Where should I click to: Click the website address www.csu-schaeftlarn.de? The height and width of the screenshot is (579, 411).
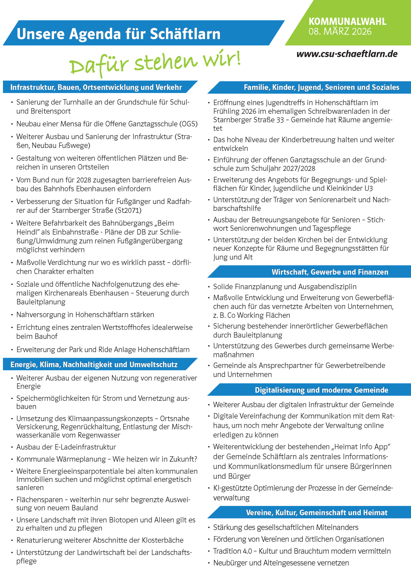click(347, 54)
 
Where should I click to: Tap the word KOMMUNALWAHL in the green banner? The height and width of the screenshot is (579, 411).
click(347, 21)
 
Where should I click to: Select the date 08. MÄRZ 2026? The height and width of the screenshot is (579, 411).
click(340, 32)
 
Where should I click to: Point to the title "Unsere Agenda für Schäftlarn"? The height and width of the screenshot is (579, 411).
click(118, 34)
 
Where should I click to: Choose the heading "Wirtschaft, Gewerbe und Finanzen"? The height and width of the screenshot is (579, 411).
click(329, 272)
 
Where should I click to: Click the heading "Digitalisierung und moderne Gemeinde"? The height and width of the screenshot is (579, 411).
click(321, 390)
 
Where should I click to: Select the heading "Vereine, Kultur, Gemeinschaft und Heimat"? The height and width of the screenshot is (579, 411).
click(317, 512)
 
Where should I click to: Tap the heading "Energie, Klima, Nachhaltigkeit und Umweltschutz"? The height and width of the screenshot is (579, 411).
click(94, 364)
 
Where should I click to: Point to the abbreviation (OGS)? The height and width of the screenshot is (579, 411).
click(188, 124)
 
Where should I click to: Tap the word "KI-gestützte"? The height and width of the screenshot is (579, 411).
click(232, 488)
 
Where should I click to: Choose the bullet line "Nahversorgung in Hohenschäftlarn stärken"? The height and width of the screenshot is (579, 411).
click(85, 315)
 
